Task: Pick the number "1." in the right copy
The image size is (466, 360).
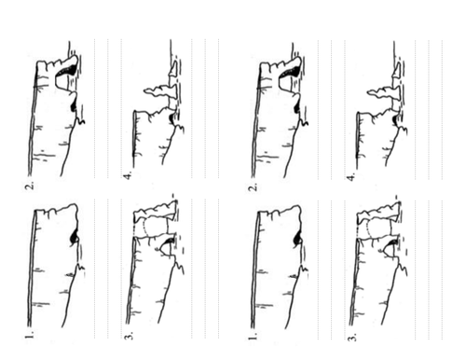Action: pos(254,336)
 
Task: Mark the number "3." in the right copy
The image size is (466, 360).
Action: pos(352,336)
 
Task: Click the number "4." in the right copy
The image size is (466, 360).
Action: pos(352,177)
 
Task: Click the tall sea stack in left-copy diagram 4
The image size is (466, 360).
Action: pos(161,92)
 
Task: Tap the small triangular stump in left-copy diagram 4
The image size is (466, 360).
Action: pos(174,69)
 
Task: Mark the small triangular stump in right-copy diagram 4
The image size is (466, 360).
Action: pos(398,69)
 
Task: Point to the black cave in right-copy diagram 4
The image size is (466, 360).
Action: pos(396,119)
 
